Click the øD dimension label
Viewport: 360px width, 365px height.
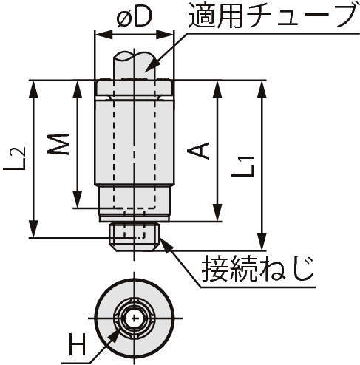click(x=134, y=18)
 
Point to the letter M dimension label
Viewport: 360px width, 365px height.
click(x=58, y=144)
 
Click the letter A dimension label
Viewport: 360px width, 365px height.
click(x=198, y=151)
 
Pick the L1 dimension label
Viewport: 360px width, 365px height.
click(x=242, y=166)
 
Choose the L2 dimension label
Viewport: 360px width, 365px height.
click(x=14, y=158)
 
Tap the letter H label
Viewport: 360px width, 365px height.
click(x=77, y=344)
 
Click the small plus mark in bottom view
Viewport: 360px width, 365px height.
click(x=135, y=318)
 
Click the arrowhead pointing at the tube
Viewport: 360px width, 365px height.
click(x=150, y=66)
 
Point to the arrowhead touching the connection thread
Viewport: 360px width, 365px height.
click(x=166, y=242)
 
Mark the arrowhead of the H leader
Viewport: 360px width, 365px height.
click(x=113, y=336)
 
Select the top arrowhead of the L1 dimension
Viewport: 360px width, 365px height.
click(x=262, y=89)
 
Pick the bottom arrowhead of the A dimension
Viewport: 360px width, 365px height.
click(x=217, y=213)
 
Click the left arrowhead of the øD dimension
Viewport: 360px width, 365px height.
click(x=103, y=35)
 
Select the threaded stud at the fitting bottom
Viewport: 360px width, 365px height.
click(x=135, y=236)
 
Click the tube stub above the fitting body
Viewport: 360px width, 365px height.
click(x=135, y=66)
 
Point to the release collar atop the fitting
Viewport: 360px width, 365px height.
click(x=135, y=88)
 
